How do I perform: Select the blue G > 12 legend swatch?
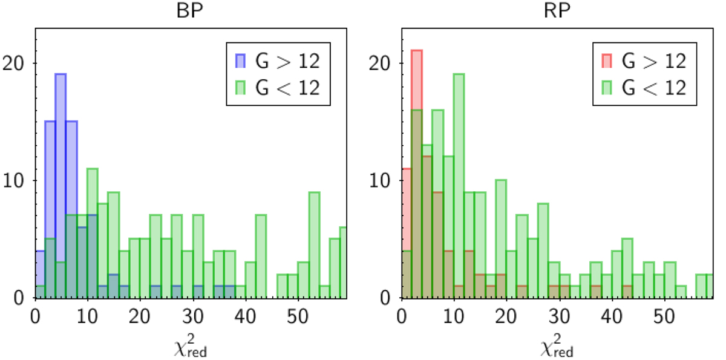(x=241, y=61)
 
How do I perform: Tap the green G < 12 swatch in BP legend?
(x=241, y=87)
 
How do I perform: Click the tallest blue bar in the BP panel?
(x=60, y=182)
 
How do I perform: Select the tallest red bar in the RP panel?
(x=416, y=169)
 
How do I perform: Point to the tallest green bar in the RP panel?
(x=459, y=182)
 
